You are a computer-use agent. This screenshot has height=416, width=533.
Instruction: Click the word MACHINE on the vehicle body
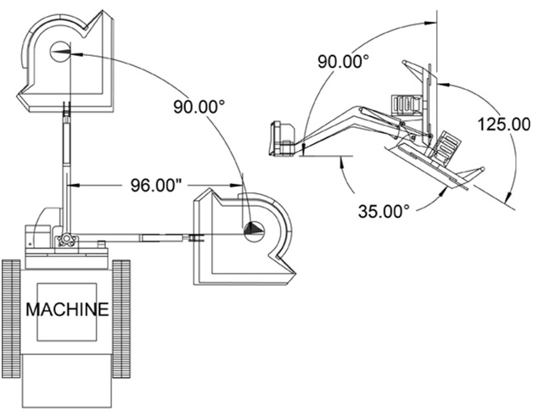[67, 310]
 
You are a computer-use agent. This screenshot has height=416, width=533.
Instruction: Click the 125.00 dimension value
[502, 123]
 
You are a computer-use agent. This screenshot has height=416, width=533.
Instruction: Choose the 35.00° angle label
[382, 208]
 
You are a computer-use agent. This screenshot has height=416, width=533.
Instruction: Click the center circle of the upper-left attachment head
[61, 50]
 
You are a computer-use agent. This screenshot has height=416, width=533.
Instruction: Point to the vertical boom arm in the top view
[65, 169]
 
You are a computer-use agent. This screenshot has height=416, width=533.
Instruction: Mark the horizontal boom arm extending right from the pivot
[136, 237]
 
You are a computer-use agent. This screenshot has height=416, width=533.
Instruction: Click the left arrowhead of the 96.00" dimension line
[72, 184]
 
